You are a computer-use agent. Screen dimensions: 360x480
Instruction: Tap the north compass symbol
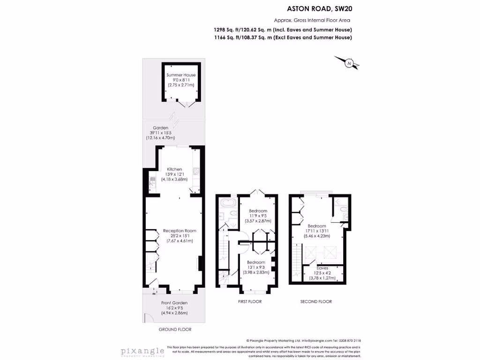point(349,63)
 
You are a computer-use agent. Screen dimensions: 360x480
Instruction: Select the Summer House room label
point(181,75)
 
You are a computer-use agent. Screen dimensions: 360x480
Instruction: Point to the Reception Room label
point(180,231)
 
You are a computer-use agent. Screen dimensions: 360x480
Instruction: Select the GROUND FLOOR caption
point(174,330)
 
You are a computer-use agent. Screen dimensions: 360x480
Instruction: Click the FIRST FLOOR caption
point(250,301)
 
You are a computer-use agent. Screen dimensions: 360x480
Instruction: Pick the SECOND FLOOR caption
point(316,301)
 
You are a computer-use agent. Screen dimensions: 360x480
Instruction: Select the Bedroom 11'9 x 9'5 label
point(258,211)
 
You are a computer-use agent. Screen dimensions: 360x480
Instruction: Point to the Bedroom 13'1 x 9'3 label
point(256,262)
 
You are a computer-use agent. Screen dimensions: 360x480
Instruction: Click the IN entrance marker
point(154,294)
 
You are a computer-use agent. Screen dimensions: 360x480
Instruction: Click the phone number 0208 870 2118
point(350,341)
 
